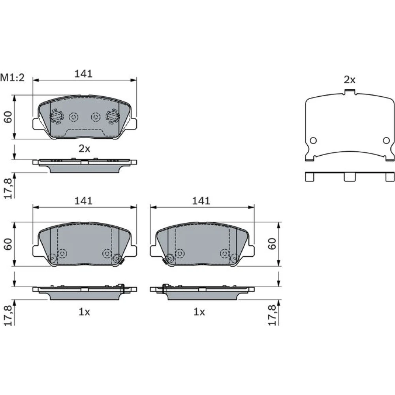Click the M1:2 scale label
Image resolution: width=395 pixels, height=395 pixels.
[12, 77]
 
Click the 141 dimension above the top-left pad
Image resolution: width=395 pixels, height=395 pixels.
[83, 73]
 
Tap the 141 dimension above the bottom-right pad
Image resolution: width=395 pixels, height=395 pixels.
[201, 201]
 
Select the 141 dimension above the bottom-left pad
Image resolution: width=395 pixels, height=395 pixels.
[83, 201]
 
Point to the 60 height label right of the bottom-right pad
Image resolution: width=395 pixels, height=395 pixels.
[272, 244]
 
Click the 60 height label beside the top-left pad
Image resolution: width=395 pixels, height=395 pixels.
[8, 117]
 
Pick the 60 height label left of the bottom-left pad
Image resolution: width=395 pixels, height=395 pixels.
[8, 244]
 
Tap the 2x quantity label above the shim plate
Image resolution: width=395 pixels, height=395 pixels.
[350, 80]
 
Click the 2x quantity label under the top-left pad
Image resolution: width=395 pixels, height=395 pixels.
[85, 149]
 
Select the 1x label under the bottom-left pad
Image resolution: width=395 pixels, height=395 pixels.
[85, 312]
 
